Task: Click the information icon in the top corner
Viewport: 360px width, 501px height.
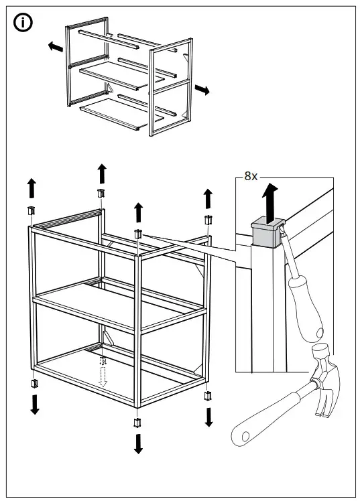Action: [23, 23]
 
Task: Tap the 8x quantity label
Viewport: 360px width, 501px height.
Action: [250, 176]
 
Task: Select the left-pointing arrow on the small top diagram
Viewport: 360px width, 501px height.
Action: [56, 47]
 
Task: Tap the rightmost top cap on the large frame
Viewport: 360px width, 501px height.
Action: [208, 220]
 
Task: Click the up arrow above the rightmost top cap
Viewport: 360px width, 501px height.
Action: [208, 198]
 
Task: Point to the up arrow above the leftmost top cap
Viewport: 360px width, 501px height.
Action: [31, 188]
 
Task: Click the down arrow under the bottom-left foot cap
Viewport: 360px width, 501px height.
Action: [35, 404]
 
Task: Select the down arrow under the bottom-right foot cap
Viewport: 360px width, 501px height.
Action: [208, 416]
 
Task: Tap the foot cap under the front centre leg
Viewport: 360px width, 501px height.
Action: [138, 422]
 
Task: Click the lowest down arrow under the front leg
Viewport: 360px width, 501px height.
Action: [138, 443]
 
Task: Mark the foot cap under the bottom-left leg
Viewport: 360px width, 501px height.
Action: [34, 384]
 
